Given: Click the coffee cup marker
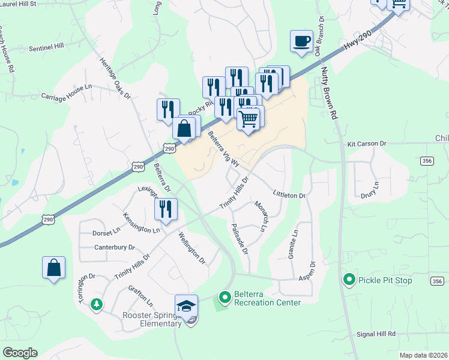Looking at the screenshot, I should click(x=301, y=41).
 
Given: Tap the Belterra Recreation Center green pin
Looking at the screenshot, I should click(x=224, y=296).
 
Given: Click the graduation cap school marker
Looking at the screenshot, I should click(x=186, y=305).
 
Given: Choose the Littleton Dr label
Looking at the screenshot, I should click(x=289, y=196).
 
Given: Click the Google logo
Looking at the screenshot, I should click(x=20, y=353).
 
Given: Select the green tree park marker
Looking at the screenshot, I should click(x=95, y=305).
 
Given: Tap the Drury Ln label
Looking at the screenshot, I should click(x=370, y=190).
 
